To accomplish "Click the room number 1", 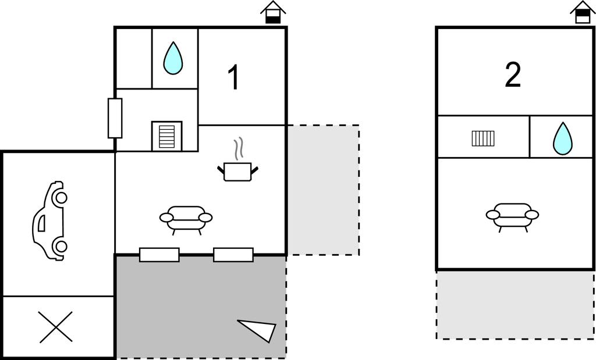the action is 235,77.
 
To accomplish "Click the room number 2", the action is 513,75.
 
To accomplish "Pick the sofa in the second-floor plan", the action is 512,217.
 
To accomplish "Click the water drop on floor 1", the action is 173,58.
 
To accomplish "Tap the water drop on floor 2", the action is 563,138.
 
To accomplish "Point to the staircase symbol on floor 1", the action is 167,136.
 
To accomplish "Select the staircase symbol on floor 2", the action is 483,138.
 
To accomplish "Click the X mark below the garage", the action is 55,327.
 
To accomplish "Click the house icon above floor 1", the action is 273,13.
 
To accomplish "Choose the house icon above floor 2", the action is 583,13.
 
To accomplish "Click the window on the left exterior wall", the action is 115,118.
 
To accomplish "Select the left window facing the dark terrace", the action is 159,255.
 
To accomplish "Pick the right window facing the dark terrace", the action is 233,255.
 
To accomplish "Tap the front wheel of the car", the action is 60,198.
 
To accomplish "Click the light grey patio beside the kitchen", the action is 323,190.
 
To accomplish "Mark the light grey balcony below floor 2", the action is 515,305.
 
